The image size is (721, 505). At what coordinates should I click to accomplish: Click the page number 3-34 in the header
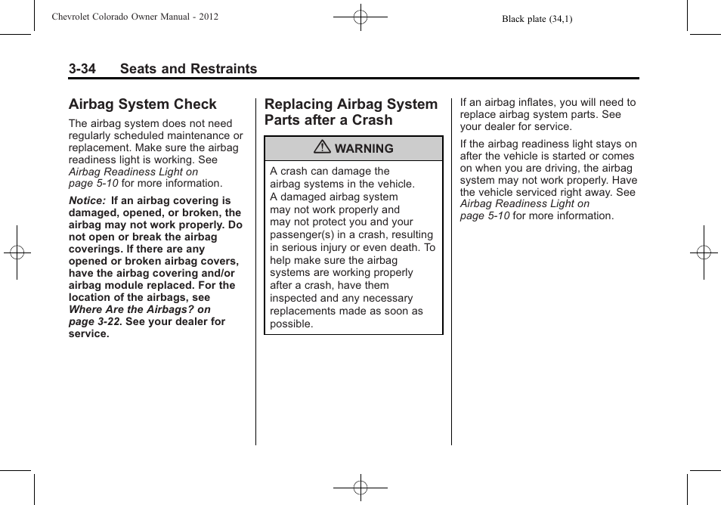[x=82, y=69]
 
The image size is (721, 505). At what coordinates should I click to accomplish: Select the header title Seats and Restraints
[x=187, y=69]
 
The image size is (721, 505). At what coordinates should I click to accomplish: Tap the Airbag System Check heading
[x=142, y=104]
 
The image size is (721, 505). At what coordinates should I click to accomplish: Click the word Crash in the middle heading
[x=371, y=120]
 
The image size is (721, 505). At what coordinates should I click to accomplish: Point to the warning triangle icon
[x=323, y=148]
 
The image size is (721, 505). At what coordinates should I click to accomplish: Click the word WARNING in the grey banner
[x=364, y=149]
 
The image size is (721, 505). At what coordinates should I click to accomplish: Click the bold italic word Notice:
[x=87, y=201]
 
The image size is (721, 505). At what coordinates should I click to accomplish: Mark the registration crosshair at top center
[x=360, y=16]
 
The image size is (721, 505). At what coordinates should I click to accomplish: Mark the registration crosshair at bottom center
[x=360, y=488]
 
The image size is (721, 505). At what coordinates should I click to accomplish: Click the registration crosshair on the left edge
[x=17, y=253]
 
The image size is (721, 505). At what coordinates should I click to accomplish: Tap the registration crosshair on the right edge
[x=704, y=253]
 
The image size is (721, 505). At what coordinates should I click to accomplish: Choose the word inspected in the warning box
[x=294, y=299]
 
